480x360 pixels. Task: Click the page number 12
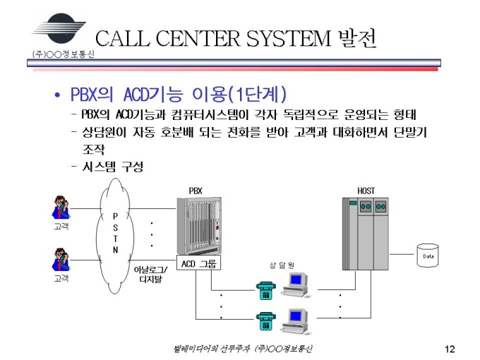point(450,349)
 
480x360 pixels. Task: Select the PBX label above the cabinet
point(196,191)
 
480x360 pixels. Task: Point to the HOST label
point(366,191)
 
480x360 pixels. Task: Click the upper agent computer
point(295,284)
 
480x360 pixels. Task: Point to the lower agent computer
point(295,321)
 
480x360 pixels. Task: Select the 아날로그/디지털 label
point(150,275)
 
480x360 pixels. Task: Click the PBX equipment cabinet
point(200,226)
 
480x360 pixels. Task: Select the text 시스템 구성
point(113,167)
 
